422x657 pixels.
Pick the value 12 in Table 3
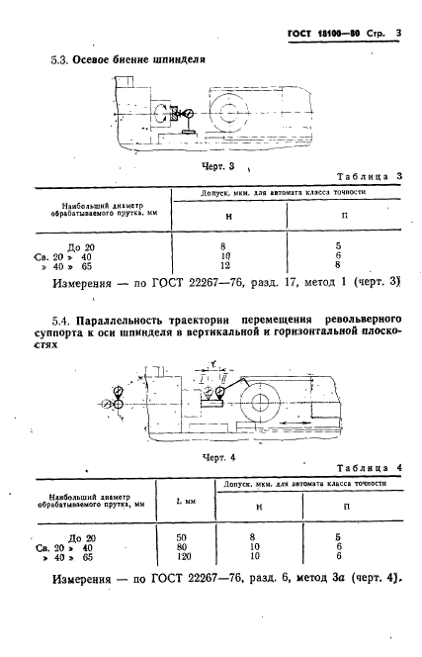tap(228, 265)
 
